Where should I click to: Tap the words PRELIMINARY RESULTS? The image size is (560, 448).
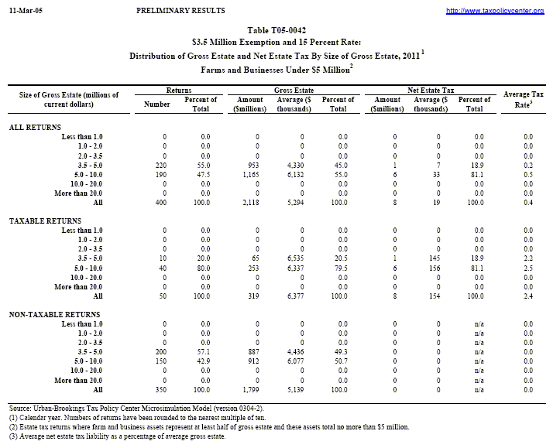pos(180,11)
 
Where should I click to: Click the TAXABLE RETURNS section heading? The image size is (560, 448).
pos(44,221)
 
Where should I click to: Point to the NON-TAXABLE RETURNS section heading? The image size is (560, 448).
pos(53,315)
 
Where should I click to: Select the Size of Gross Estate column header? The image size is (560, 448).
pos(69,98)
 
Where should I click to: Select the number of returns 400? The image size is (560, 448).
pos(160,201)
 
